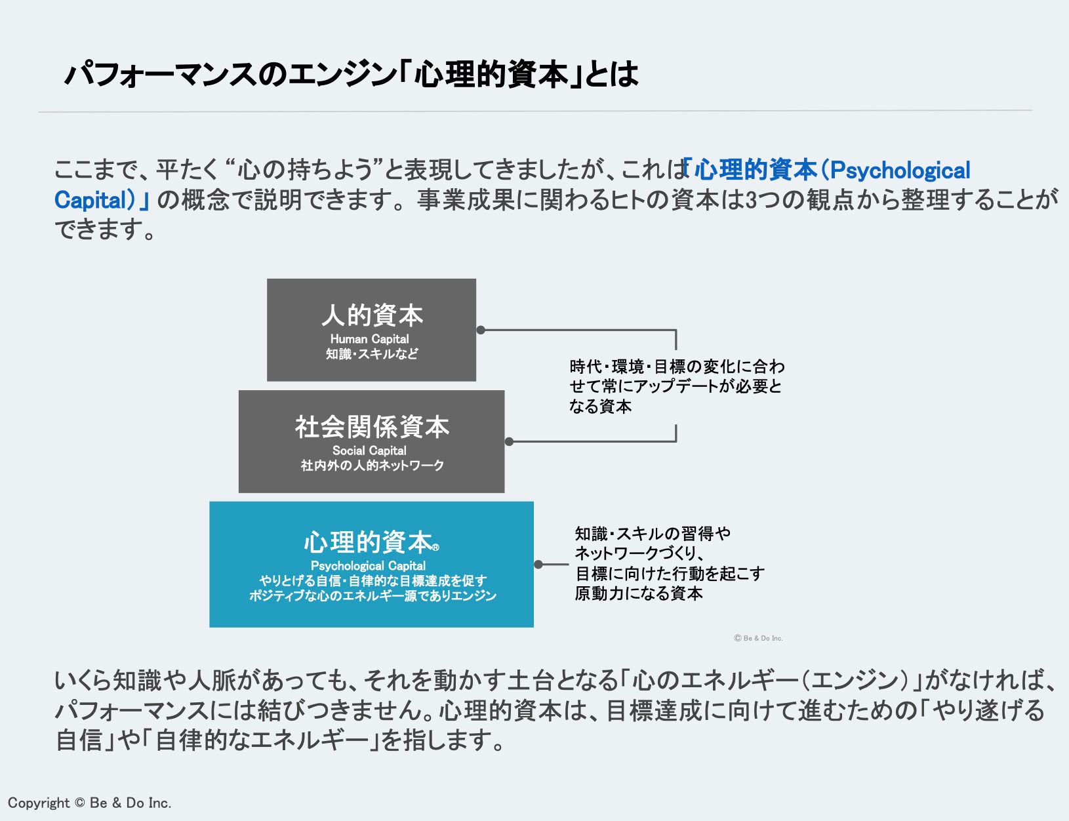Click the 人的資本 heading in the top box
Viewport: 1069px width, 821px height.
coord(372,316)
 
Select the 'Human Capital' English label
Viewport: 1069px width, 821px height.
coord(369,339)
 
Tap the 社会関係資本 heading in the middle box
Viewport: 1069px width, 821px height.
coord(372,428)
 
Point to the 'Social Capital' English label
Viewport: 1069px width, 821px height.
coord(369,451)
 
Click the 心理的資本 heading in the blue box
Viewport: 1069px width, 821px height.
coord(367,543)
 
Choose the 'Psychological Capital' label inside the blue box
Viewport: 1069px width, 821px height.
coord(368,566)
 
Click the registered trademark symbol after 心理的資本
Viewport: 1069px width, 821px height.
coord(436,548)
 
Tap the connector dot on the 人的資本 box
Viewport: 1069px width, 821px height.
coord(481,330)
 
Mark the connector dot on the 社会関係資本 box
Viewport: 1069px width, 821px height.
coord(509,441)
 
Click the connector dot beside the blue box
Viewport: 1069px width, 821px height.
coord(538,565)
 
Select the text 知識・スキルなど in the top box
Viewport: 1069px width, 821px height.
coord(372,354)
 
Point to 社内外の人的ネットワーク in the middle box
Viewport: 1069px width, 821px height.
coord(372,466)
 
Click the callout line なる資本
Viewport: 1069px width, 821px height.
coord(600,407)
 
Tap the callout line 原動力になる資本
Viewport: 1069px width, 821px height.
coord(639,594)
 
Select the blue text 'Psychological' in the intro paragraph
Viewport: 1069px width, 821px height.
coord(900,170)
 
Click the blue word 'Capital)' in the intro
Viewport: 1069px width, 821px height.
coord(94,200)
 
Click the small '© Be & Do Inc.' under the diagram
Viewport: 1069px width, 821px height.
coord(758,638)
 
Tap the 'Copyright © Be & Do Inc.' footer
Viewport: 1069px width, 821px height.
coord(89,803)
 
